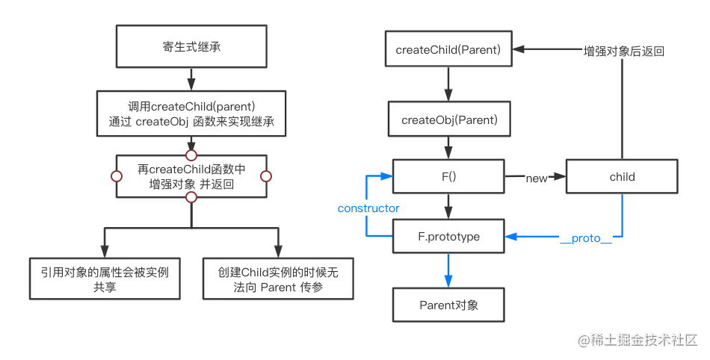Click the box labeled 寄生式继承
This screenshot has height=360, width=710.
point(191,47)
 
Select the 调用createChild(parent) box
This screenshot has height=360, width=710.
point(191,112)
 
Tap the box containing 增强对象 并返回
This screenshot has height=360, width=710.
point(191,176)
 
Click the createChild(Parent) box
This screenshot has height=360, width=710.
point(448,50)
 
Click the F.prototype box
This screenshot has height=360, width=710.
point(448,237)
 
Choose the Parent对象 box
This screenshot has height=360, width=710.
point(448,305)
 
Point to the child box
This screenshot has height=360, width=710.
point(622,177)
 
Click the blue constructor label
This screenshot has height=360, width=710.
point(368,208)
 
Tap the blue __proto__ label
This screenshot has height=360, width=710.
point(585,238)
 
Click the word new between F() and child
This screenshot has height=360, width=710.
point(537,178)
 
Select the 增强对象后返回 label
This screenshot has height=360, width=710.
point(624,52)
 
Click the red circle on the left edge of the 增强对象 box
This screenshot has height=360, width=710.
point(116,176)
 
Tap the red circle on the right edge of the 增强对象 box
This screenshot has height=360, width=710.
point(267,176)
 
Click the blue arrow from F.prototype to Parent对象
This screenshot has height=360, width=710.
point(448,270)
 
